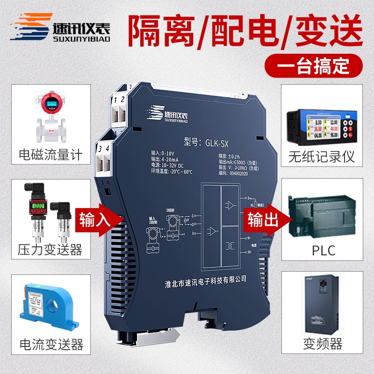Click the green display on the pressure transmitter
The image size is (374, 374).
tap(37, 206)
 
